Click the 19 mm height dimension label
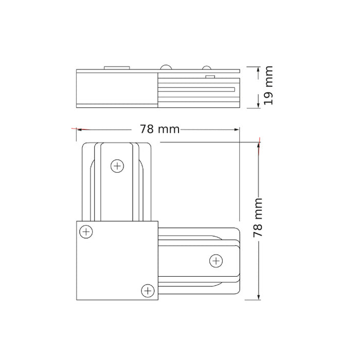point(268,85)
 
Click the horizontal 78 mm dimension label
point(159,129)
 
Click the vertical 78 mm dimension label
point(258,218)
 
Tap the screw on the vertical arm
point(117,166)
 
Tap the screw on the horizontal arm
point(216,261)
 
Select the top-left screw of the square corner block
point(86,231)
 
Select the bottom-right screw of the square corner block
point(148,291)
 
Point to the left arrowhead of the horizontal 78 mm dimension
point(79,130)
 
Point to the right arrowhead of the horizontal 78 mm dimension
point(237,130)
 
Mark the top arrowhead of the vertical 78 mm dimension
point(259,145)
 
